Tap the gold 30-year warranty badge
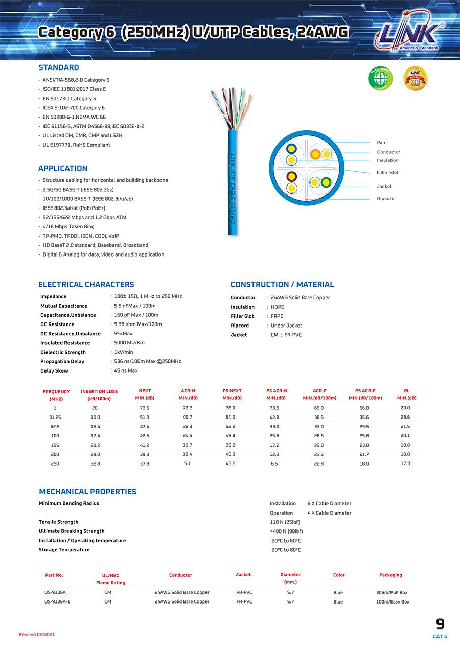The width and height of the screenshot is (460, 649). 415,78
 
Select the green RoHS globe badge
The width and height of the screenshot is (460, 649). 380,78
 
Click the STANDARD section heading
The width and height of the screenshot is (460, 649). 59,67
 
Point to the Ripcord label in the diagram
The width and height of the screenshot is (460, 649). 385,198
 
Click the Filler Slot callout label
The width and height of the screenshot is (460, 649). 387,172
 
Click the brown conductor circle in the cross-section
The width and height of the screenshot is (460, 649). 292,177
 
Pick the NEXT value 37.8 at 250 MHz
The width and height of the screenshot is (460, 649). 145,463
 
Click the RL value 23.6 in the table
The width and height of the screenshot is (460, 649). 405,418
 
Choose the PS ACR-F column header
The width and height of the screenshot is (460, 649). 365,395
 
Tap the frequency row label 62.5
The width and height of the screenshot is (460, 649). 55,427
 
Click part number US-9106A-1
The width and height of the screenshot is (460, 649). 57,602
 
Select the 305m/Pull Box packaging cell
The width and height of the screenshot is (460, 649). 392,593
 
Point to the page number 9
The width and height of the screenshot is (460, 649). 440,624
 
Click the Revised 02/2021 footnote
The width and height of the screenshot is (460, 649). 37,635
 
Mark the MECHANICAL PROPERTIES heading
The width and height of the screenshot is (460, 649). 87,492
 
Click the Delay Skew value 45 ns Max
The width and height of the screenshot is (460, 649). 126,370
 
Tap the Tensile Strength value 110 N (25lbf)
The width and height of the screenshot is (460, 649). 285,522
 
